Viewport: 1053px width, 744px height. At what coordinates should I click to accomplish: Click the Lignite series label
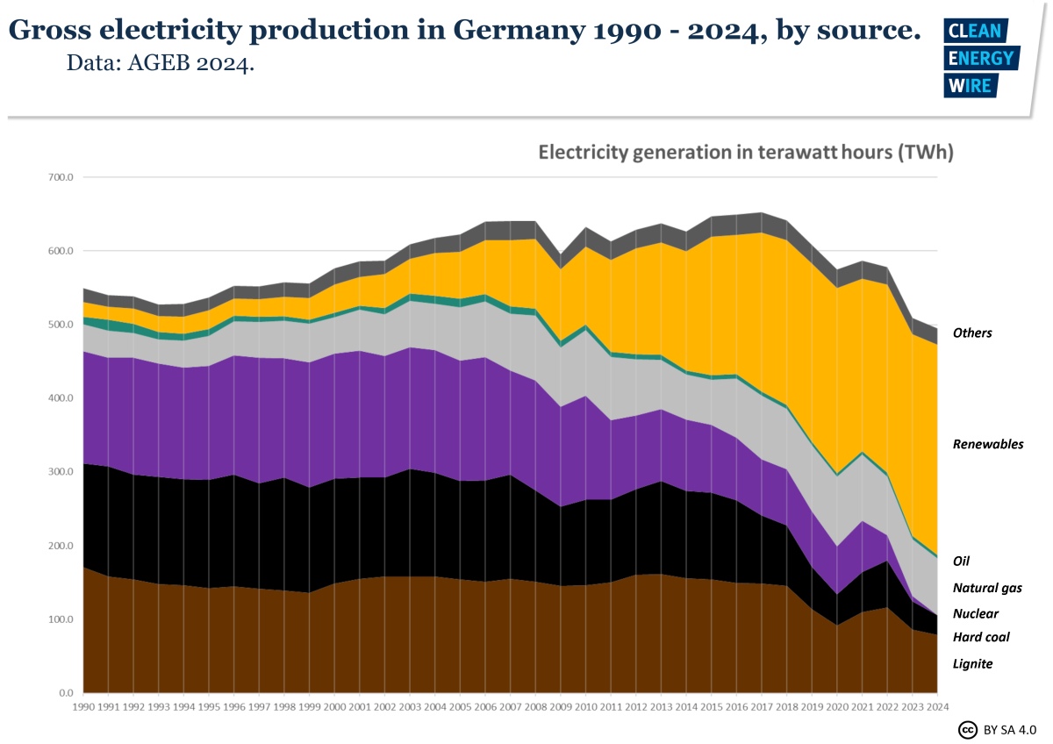coord(972,664)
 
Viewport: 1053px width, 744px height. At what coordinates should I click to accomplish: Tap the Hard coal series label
coord(981,638)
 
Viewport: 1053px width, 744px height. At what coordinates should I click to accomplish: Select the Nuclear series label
coord(975,614)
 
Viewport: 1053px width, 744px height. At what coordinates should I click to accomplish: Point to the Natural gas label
coord(987,589)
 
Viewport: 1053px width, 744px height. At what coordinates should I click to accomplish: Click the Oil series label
coord(961,561)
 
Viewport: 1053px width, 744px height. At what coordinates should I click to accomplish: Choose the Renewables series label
coord(988,445)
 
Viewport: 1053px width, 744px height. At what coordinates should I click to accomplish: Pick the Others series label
coord(972,333)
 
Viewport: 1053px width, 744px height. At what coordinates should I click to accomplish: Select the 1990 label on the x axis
coord(83,706)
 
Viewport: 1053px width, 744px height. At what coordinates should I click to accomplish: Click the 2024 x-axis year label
coord(938,706)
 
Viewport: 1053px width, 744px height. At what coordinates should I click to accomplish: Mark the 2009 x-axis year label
coord(561,706)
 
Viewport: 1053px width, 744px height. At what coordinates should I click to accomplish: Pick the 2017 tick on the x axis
coord(762,706)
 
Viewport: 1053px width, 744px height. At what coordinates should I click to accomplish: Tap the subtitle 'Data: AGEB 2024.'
coord(161,64)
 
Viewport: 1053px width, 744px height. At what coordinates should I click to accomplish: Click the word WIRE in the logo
coord(970,85)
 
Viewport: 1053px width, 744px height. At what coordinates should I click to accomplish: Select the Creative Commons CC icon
coord(968,730)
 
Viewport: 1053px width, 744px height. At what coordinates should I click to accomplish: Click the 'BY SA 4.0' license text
coord(1010,730)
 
